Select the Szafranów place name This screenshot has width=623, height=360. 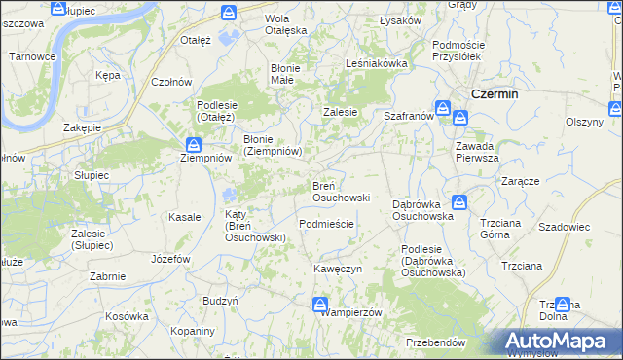click(408, 115)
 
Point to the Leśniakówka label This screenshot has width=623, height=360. click(376, 63)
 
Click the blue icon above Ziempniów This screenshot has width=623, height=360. click(195, 146)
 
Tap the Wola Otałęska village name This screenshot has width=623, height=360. click(286, 24)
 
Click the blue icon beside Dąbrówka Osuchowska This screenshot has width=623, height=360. click(459, 202)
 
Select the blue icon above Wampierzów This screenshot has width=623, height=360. click(320, 306)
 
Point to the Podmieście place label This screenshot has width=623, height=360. click(326, 223)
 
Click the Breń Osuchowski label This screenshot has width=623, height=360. click(340, 191)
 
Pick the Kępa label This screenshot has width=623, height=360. click(107, 74)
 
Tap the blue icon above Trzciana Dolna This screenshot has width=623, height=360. click(562, 306)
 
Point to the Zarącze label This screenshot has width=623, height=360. click(521, 181)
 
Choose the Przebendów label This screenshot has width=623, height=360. click(435, 342)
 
